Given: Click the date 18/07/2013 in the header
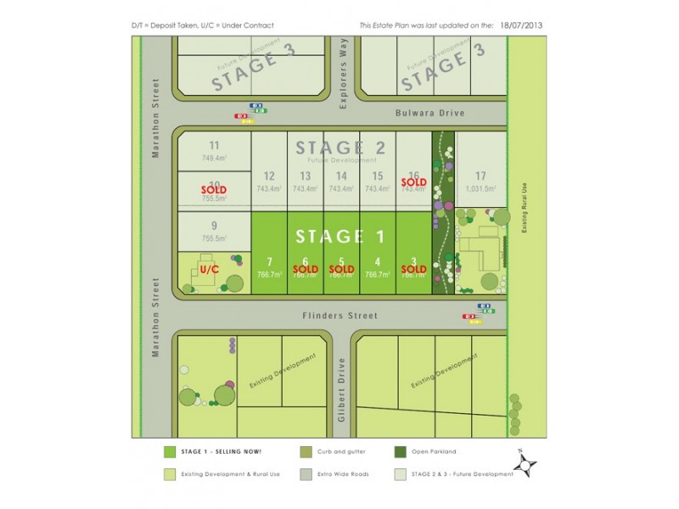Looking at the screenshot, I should point(519,25).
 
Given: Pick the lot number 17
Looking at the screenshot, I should point(480,176).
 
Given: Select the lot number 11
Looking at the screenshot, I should point(214,145).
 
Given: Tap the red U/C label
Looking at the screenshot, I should point(210,269).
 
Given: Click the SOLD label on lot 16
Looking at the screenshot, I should point(413,182).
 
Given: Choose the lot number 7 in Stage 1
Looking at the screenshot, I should point(268,261).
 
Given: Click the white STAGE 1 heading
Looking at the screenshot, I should point(340,236).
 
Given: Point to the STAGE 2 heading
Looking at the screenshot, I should point(340,148).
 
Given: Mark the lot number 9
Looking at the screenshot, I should point(214,226).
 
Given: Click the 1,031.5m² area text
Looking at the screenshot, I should point(480,189).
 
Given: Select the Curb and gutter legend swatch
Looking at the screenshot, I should point(306,452).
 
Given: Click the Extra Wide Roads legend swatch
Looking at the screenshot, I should point(306,474).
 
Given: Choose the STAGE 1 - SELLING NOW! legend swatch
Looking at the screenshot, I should point(170,452).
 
